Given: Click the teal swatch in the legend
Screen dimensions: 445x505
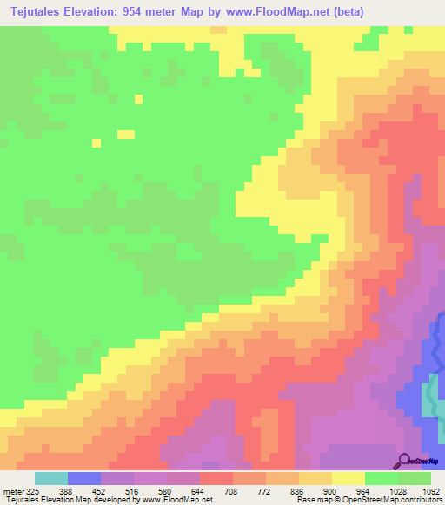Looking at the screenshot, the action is (51, 478).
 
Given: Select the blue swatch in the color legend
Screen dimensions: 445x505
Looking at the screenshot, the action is (84, 478).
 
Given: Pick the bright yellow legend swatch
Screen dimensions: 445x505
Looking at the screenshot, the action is (349, 478).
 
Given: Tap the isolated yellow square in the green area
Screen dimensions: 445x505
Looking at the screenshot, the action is (126, 134).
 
